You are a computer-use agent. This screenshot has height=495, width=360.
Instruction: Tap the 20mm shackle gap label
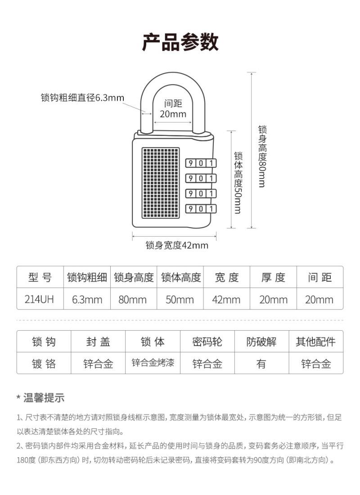173,114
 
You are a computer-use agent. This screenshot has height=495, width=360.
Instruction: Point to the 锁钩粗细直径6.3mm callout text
82,98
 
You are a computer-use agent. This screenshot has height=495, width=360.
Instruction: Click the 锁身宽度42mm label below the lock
176,245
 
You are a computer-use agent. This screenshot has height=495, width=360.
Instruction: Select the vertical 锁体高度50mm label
238,182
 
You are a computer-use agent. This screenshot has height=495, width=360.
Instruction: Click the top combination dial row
201,163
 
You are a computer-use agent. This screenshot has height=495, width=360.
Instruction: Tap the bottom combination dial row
201,208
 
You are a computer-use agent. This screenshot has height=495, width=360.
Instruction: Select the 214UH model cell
40,299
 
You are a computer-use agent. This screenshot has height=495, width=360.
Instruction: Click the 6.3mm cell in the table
87,299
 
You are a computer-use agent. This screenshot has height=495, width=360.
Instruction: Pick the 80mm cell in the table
133,299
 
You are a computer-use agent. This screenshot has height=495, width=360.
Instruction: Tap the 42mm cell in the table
226,299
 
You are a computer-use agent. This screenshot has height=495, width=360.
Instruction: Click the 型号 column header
40,277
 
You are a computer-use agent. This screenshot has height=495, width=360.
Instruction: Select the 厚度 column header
273,277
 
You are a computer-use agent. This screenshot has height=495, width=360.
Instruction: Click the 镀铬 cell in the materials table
44,364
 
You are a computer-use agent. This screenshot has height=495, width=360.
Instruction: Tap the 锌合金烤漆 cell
153,363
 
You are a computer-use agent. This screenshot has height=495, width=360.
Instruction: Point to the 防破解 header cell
261,342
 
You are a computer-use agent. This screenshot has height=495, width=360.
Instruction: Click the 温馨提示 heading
44,397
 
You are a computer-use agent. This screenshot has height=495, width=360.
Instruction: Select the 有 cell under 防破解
261,364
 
